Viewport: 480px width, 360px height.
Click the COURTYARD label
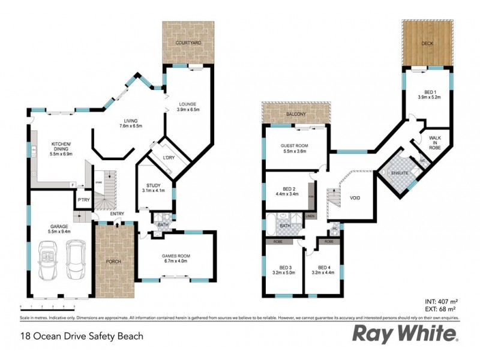click(x=188, y=43)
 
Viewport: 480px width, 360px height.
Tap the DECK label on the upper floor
click(x=427, y=43)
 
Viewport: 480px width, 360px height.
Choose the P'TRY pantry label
click(x=82, y=199)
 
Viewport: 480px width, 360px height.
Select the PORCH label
click(x=113, y=262)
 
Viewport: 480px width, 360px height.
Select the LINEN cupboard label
click(x=310, y=215)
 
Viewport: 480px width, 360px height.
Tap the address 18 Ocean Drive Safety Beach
click(x=82, y=336)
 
